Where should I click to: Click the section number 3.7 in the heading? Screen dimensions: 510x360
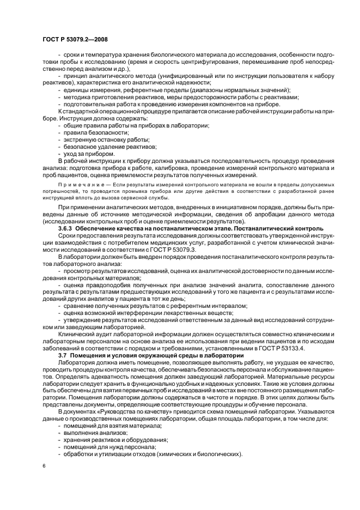pyautogui.click(x=64, y=355)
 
